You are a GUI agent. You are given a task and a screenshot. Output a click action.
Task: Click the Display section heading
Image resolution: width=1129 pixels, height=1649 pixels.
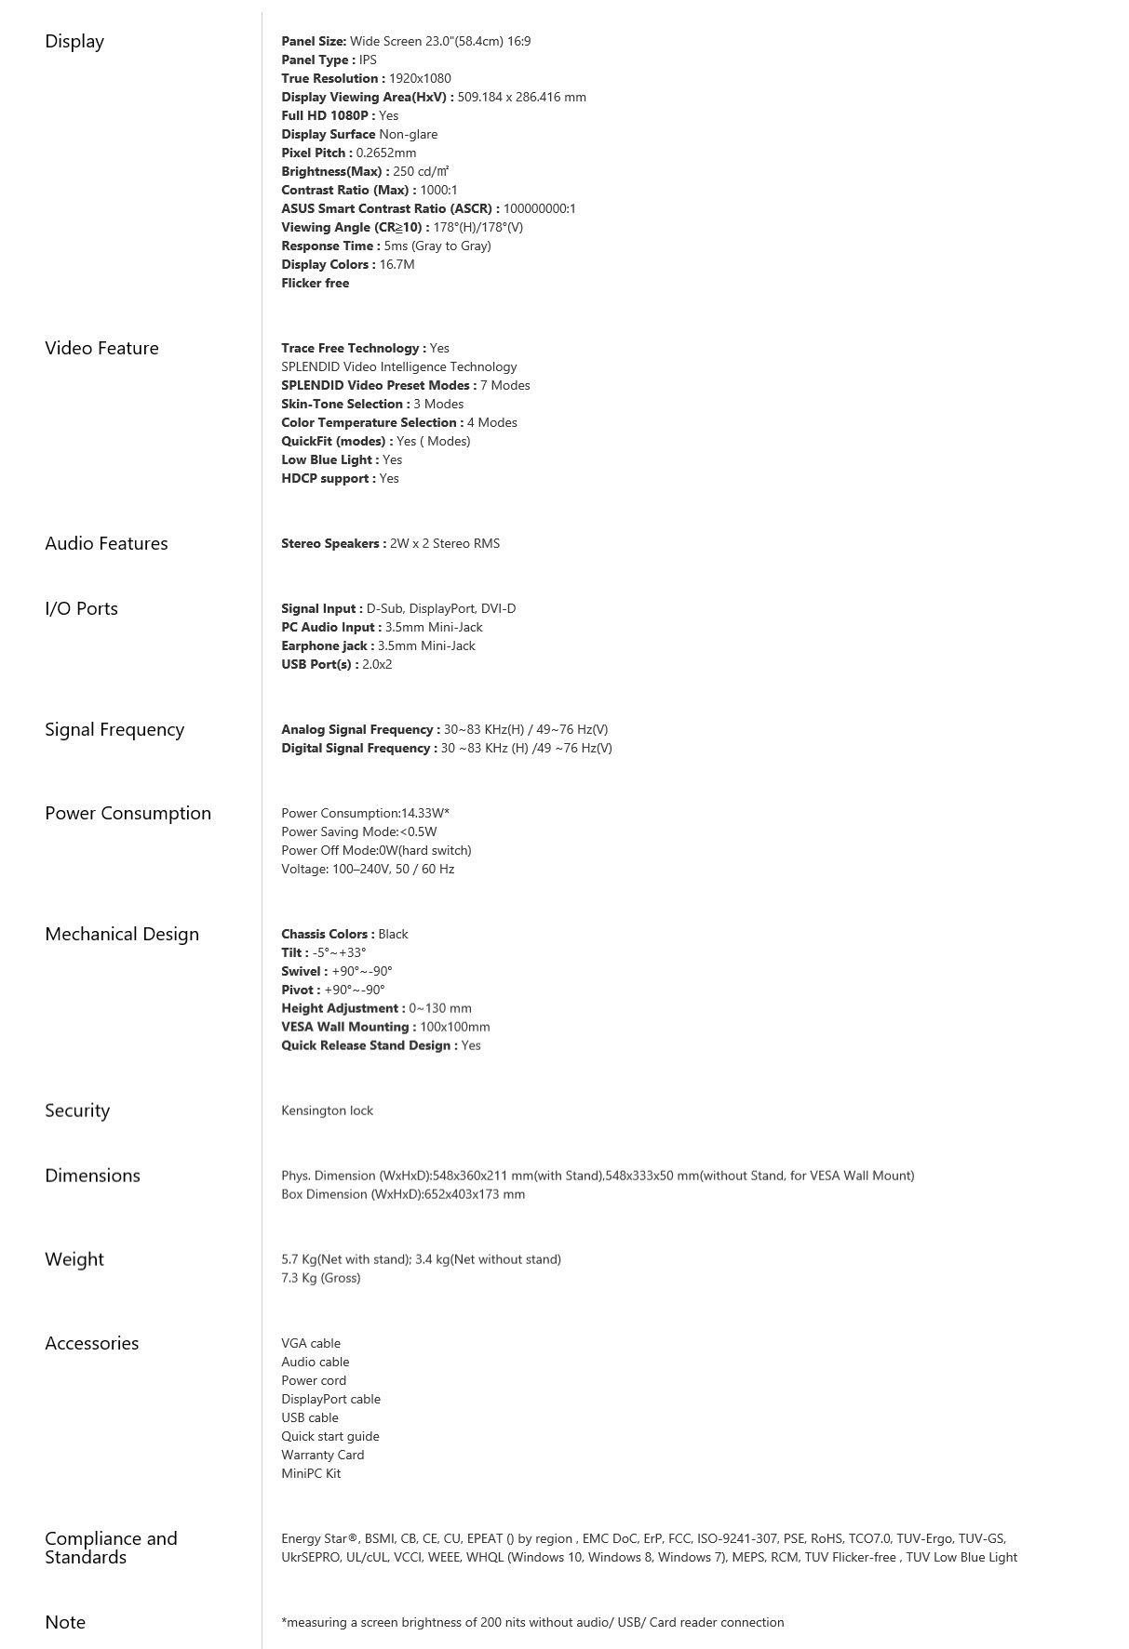tap(74, 42)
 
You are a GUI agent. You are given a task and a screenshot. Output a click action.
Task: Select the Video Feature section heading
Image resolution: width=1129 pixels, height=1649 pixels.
tap(101, 349)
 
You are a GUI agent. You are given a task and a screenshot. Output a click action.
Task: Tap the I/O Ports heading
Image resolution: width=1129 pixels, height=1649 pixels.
tap(81, 609)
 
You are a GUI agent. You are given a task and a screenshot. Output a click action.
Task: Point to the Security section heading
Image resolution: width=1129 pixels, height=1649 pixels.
tap(77, 1110)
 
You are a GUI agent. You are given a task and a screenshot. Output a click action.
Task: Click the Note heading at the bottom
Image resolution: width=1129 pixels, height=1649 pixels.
tap(65, 1622)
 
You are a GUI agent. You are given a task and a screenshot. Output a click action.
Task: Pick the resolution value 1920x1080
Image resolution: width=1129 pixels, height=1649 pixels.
tap(420, 79)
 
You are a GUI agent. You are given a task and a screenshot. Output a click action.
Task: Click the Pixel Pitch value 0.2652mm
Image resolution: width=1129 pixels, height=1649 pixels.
tap(386, 153)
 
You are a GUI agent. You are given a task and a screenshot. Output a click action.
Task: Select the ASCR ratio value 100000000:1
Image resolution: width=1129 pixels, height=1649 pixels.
tap(539, 209)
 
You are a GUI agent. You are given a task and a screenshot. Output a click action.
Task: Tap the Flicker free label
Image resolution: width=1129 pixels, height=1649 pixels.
tap(316, 284)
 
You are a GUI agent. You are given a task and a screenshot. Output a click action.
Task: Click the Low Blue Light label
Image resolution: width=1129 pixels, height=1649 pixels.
tap(329, 460)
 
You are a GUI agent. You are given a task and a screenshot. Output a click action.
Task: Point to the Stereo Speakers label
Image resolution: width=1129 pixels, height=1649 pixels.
tap(333, 544)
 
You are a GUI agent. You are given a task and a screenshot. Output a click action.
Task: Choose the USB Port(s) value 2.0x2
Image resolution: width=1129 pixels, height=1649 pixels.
tap(377, 665)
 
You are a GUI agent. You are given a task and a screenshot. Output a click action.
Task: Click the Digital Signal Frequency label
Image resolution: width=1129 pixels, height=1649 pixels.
tap(358, 749)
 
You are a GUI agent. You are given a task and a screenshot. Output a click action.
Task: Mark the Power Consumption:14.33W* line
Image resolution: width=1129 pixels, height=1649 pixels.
tap(365, 814)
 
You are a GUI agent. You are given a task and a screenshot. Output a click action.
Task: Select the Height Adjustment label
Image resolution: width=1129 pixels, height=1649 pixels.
tap(343, 1009)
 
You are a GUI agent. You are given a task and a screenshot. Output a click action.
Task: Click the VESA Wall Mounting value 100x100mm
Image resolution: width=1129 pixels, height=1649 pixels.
tap(454, 1028)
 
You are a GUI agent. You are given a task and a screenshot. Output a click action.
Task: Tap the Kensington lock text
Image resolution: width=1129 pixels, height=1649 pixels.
tap(327, 1110)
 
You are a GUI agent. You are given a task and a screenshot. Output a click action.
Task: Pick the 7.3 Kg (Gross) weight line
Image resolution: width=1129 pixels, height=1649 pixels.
tap(320, 1279)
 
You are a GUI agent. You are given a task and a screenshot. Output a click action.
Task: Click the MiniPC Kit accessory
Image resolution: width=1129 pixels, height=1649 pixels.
tap(311, 1474)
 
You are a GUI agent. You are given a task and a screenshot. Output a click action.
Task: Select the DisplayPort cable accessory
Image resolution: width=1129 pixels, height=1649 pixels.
tap(330, 1400)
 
